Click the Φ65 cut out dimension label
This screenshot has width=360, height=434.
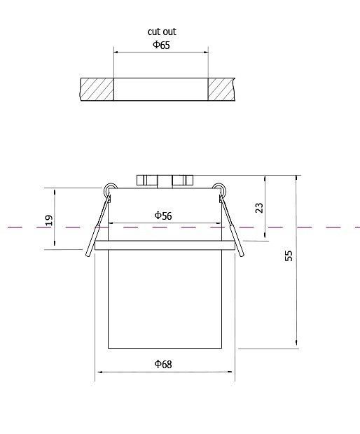(162, 45)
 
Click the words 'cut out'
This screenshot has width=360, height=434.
(162, 31)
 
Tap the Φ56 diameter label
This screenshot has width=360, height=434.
(162, 216)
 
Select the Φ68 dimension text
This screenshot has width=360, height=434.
(162, 364)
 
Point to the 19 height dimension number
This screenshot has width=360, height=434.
(49, 220)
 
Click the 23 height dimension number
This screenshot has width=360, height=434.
(259, 208)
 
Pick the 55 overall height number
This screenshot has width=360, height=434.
(289, 255)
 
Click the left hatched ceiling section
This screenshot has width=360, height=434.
(97, 89)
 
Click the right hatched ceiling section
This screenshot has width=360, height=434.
(221, 89)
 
